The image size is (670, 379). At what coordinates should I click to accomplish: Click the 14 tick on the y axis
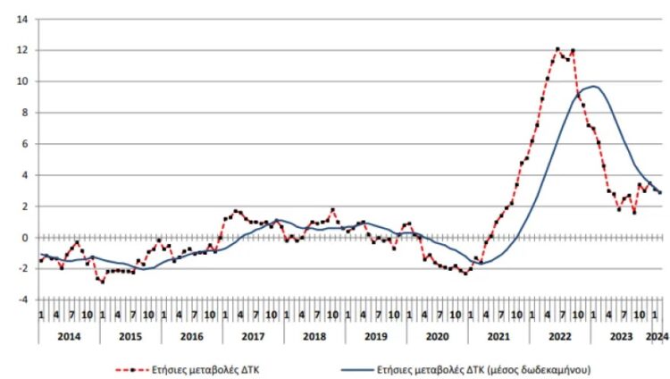(22, 19)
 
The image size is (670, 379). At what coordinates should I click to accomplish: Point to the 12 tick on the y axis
(22, 50)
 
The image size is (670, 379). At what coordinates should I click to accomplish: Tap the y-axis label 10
(22, 81)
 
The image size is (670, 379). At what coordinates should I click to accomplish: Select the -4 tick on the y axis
(23, 299)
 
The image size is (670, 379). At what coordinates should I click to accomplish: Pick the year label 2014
(68, 335)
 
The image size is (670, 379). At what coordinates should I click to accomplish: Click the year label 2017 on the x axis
(253, 335)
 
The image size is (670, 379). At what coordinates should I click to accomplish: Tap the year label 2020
(437, 335)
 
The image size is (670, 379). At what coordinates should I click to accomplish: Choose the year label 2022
(560, 335)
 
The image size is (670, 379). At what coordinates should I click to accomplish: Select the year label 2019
(375, 335)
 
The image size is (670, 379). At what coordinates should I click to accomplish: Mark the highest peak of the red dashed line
(557, 49)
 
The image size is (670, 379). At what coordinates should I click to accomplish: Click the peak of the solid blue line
(593, 86)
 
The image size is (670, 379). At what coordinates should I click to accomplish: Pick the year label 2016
(191, 335)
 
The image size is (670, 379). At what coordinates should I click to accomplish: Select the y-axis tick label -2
(23, 268)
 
